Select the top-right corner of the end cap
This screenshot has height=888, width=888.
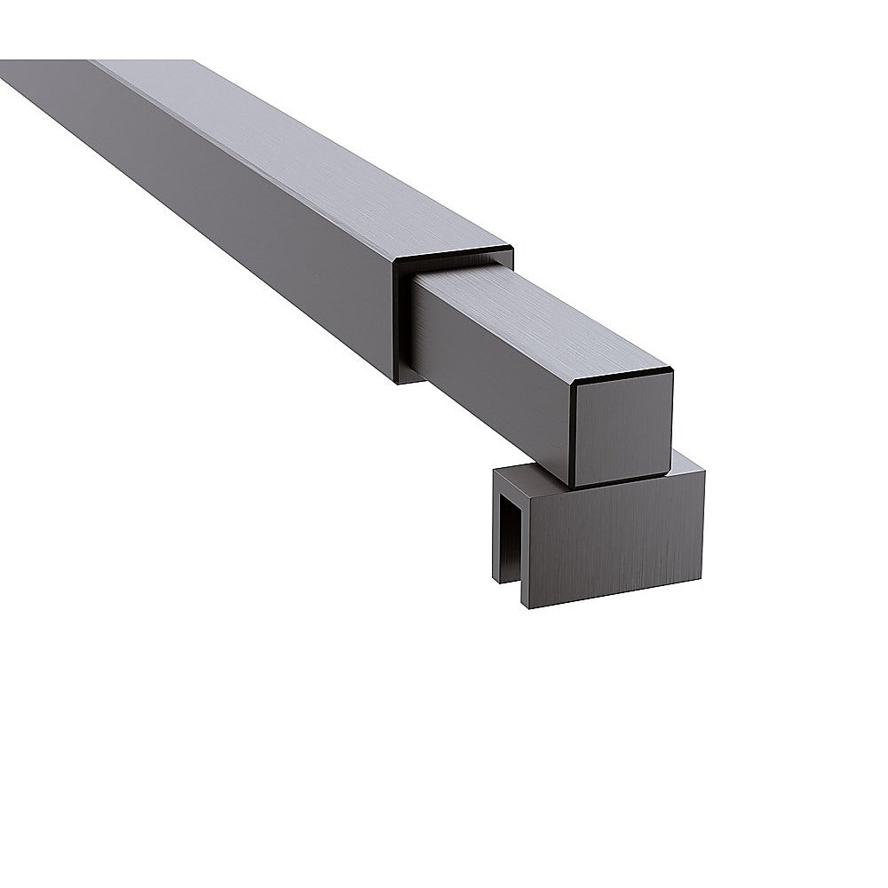point(671,373)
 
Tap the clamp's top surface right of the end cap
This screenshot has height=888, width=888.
point(687,463)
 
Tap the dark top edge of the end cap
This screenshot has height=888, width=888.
point(622,378)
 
